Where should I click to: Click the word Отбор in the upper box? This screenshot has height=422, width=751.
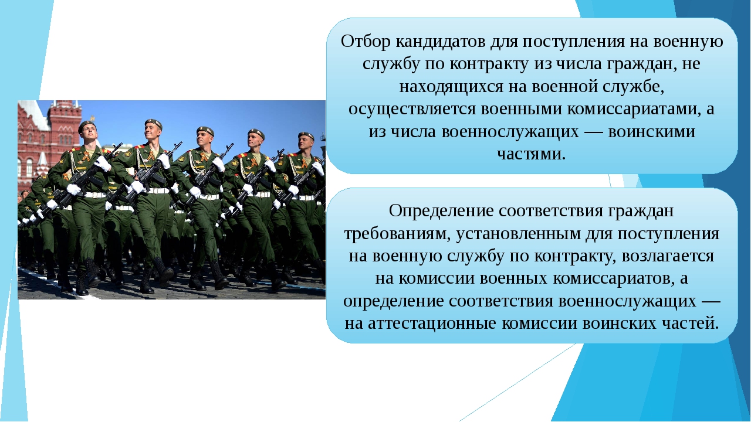point(366,42)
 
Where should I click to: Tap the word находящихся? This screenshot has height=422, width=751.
point(451,87)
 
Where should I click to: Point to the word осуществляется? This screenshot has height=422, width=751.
point(412,110)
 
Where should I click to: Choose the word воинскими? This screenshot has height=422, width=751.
point(652,132)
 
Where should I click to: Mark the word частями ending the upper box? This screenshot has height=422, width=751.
point(531,154)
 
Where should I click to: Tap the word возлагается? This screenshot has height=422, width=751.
point(668,257)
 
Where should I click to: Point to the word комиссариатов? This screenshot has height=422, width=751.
point(613,279)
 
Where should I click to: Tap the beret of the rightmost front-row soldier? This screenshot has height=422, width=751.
point(306,135)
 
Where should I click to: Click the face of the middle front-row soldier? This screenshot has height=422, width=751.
point(203,138)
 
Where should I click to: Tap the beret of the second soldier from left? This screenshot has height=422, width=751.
point(153,122)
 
